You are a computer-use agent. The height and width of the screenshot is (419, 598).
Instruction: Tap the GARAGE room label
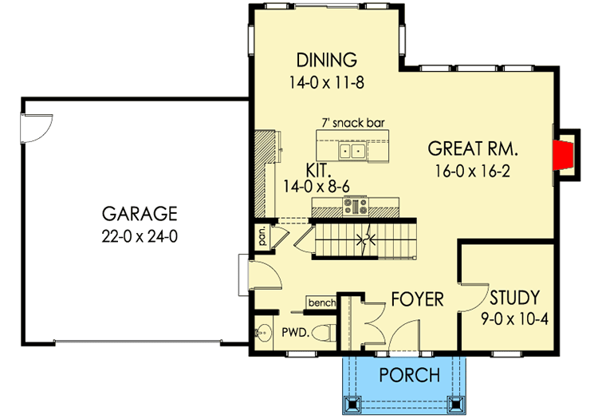(139, 214)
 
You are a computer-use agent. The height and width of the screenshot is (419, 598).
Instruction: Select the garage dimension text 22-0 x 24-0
(139, 235)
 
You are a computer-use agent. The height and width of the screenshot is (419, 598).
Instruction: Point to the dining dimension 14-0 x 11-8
(325, 81)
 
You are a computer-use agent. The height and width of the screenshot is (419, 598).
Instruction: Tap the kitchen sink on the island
(352, 150)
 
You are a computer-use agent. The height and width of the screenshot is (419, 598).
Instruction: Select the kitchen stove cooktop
(355, 207)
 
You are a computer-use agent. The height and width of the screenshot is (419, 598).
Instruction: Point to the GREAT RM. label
(474, 148)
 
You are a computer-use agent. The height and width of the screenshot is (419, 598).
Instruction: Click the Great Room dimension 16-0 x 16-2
(474, 169)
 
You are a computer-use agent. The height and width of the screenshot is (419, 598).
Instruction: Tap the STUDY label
(513, 298)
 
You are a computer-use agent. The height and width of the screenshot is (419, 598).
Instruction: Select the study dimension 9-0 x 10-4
(513, 319)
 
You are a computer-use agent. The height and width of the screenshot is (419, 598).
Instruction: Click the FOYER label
(416, 299)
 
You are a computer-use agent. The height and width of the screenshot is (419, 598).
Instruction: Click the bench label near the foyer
(321, 303)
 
